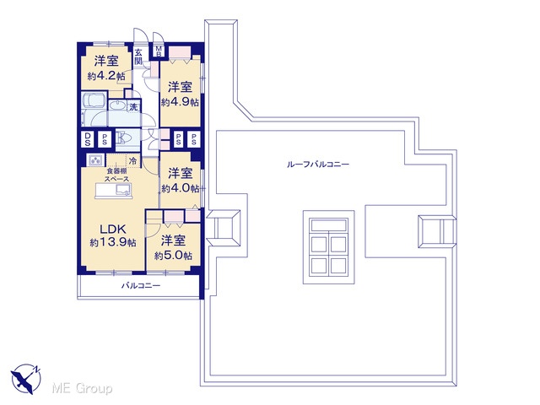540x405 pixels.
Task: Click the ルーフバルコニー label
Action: [318, 165]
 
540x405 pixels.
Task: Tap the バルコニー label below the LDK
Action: [141, 286]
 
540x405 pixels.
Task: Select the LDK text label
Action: [112, 229]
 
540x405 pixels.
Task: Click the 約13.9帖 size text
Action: [113, 242]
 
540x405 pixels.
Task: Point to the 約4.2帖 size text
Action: [106, 76]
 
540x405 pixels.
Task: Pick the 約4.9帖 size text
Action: [180, 102]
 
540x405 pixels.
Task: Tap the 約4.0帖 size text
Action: [180, 188]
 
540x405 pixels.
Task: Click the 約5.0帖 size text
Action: [173, 256]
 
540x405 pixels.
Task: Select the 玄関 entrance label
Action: [138, 57]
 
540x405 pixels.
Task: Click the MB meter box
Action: [159, 51]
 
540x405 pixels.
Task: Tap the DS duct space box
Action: [88, 139]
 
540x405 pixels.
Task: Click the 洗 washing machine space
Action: [133, 107]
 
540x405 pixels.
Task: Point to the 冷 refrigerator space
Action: [133, 161]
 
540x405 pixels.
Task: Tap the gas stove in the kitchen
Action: [95, 160]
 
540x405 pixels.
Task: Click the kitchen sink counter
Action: [114, 191]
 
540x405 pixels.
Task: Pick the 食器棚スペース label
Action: [116, 175]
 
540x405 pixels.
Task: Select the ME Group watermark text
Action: [82, 388]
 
